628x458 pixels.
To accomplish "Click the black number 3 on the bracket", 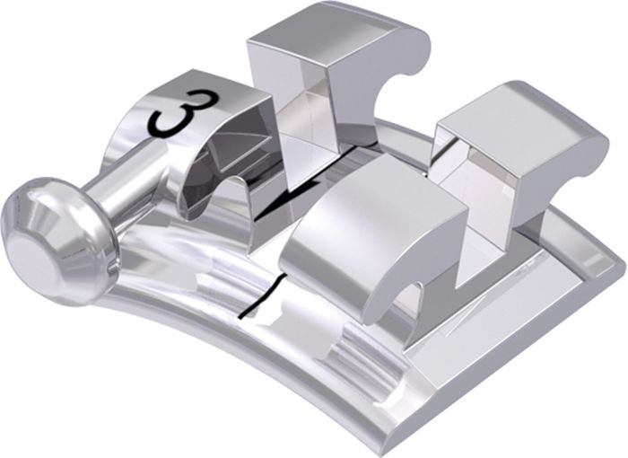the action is coord(182,113).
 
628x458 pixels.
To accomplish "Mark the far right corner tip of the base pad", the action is coord(624,266).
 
